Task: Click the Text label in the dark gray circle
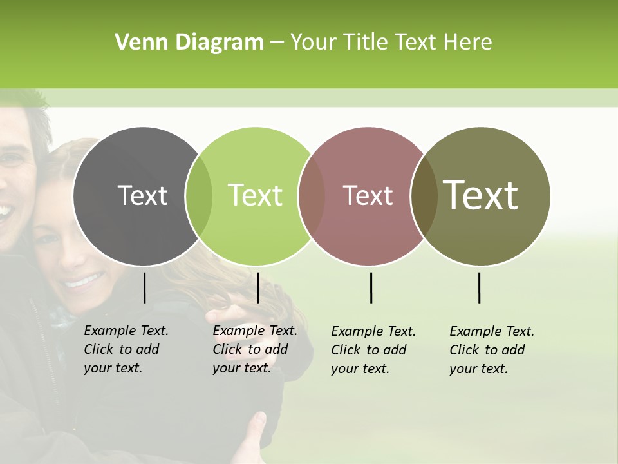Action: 142,195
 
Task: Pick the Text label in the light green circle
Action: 255,195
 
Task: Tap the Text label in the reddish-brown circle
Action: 368,195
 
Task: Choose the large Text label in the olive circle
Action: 480,195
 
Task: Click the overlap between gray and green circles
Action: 199,196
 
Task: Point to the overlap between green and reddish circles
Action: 312,196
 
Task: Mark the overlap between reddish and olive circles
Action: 424,196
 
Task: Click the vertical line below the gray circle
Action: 145,287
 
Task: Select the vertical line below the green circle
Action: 257,287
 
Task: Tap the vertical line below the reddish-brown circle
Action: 371,287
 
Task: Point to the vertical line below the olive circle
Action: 480,287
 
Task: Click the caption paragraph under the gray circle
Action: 126,349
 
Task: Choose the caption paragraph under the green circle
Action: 254,349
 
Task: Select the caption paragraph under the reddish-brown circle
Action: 373,350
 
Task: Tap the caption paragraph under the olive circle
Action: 491,350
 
